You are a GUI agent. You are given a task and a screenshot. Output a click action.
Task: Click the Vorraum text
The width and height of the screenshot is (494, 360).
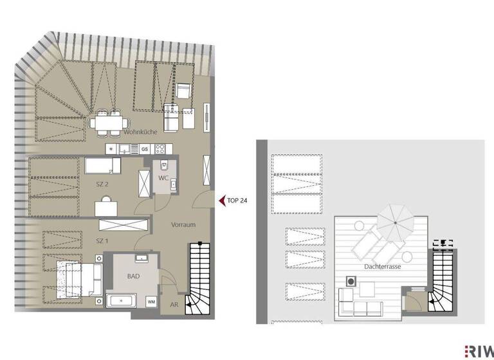(183, 226)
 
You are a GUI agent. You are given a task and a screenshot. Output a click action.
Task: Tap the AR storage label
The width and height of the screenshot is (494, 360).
(174, 305)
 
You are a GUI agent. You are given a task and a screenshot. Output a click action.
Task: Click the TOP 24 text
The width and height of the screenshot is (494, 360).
(237, 201)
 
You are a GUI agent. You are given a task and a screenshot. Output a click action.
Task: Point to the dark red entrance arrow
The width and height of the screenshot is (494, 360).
(222, 201)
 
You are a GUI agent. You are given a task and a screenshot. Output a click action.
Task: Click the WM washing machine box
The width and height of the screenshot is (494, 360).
(151, 301)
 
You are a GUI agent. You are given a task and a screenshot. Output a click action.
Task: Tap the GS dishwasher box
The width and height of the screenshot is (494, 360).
(145, 149)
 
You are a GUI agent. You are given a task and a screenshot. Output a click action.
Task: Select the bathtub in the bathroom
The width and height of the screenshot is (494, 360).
(122, 301)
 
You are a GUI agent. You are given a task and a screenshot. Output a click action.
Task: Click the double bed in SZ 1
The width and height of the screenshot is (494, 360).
(76, 276)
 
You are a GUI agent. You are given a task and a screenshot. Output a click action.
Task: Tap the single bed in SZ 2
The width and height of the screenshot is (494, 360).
(102, 166)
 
